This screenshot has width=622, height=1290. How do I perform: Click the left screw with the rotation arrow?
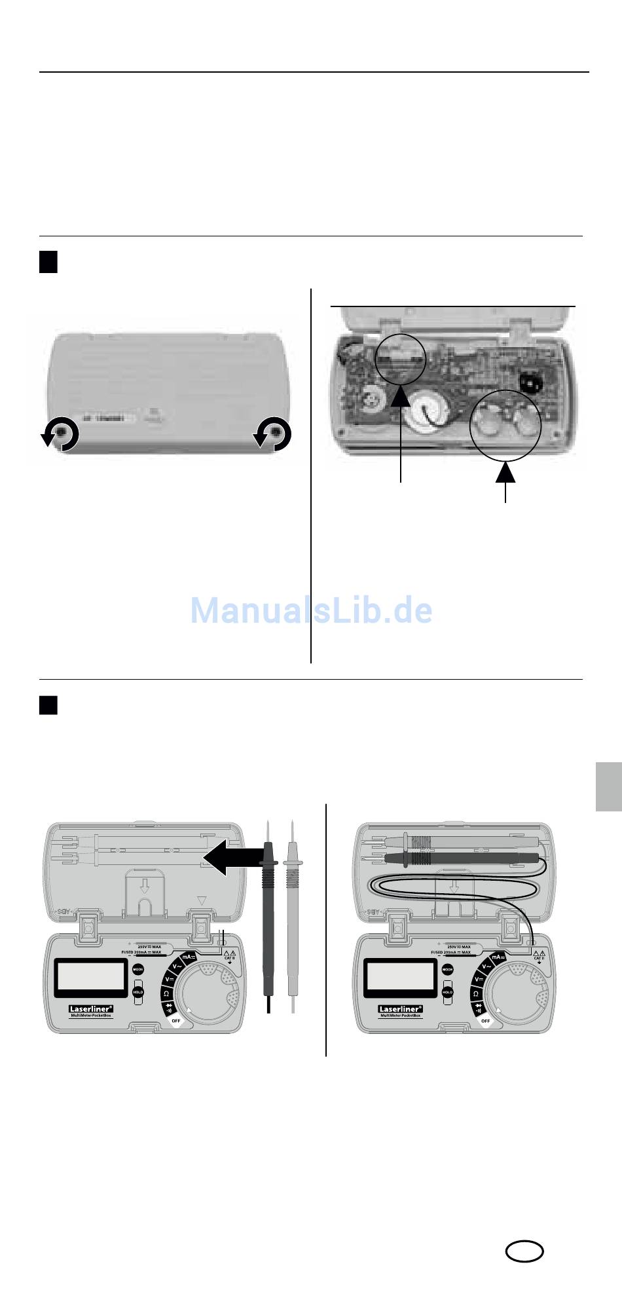click(62, 433)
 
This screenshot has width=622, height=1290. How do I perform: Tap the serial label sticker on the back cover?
click(109, 417)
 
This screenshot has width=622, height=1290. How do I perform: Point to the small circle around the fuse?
click(401, 358)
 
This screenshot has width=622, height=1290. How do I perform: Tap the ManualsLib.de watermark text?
click(311, 610)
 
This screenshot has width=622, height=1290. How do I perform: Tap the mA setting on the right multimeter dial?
click(498, 957)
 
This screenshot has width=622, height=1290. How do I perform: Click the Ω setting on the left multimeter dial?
click(166, 994)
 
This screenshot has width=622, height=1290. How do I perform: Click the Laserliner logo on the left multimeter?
click(92, 1010)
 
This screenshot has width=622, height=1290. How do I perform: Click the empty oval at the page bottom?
click(524, 1252)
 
